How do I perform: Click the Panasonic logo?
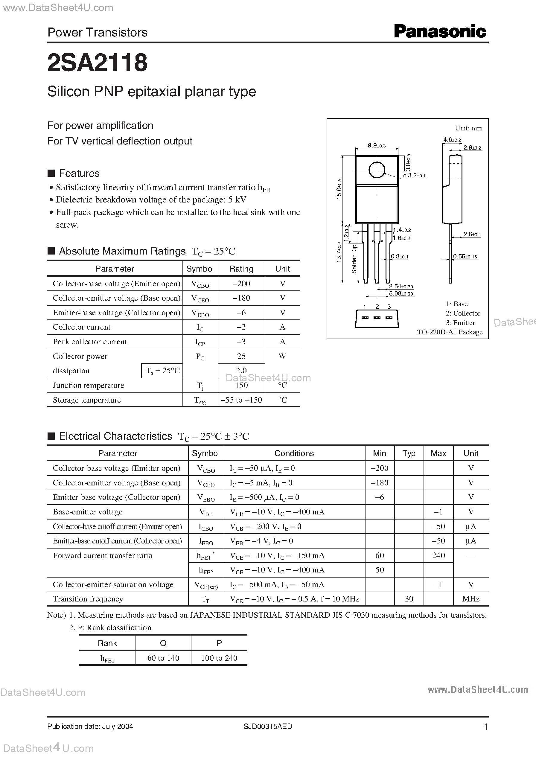point(440,32)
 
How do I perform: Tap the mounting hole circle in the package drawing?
point(377,170)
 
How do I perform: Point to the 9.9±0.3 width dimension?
point(377,146)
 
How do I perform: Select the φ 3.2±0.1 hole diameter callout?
point(415,176)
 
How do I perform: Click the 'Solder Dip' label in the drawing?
point(354,259)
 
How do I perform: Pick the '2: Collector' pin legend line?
point(463,313)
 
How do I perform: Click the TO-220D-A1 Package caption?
point(450,332)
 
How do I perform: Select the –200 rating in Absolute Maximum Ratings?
point(241,284)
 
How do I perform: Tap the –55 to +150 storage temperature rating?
point(241,400)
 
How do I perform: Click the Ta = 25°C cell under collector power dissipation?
point(162,371)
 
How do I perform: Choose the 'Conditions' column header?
point(294,453)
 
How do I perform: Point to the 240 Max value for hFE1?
point(438,555)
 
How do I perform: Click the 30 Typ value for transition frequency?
point(409,599)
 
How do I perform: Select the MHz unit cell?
point(471,599)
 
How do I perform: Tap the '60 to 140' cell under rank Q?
point(163,658)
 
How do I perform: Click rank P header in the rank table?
point(219,643)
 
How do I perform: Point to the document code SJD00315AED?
point(268,726)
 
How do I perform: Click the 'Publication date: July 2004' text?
point(90,726)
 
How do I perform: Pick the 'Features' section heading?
point(79,173)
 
